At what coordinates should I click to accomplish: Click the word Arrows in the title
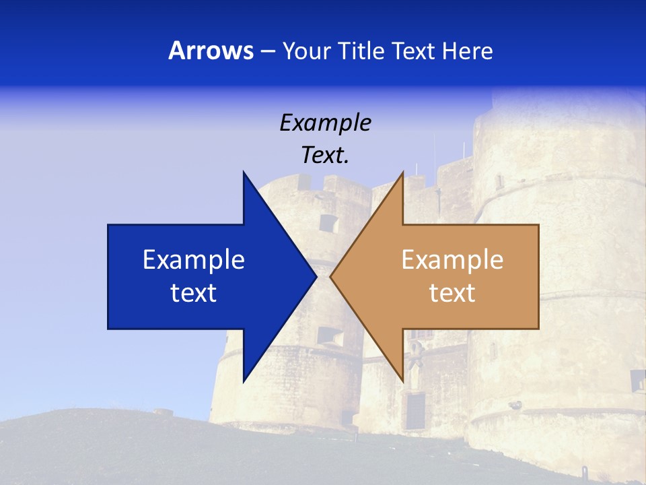coord(211,51)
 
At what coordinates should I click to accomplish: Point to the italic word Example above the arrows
coord(326,123)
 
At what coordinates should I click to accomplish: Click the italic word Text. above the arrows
coord(326,156)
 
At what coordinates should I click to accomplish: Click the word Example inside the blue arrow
coord(194,260)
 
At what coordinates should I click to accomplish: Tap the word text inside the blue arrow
coord(194,293)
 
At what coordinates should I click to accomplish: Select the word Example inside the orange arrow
coord(452,260)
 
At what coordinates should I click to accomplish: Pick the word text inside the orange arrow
coord(452,293)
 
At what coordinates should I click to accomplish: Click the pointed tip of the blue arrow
coord(316,276)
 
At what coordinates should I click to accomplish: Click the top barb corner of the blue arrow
coord(244,172)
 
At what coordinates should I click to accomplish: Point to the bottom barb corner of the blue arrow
coord(244,381)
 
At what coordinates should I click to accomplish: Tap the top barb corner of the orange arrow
coord(402,172)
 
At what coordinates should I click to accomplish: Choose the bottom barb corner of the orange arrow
coord(402,381)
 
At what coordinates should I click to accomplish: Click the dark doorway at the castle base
coord(415,410)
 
